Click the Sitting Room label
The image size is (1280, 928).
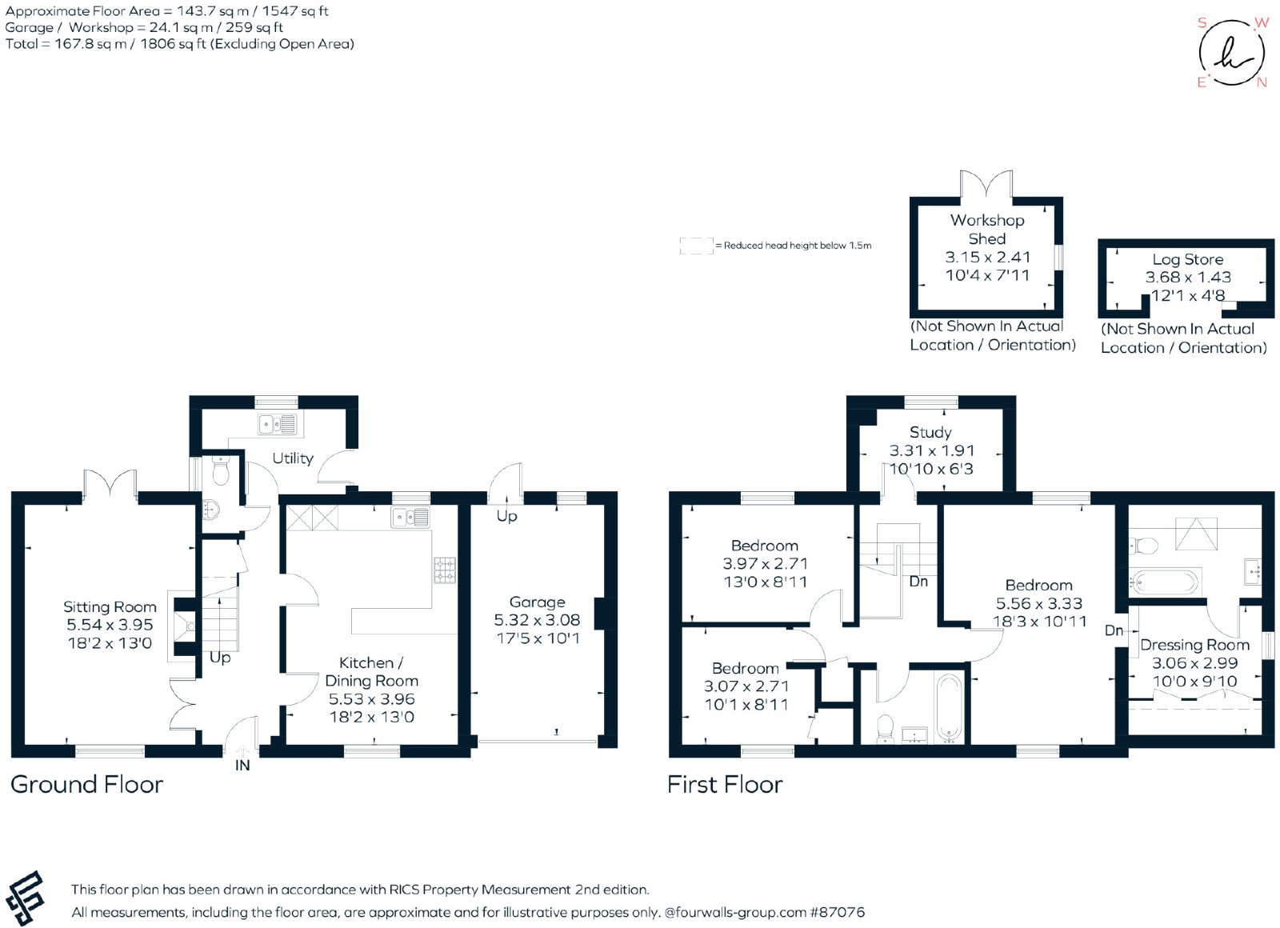pyautogui.click(x=110, y=607)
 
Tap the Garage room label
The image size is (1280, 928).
pyautogui.click(x=537, y=602)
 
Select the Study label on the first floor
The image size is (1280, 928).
pyautogui.click(x=930, y=433)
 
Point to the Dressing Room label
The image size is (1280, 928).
pyautogui.click(x=1195, y=645)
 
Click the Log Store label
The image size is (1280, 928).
pyautogui.click(x=1187, y=259)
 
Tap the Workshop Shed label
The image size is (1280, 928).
pyautogui.click(x=987, y=229)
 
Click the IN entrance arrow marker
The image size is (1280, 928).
pyautogui.click(x=242, y=751)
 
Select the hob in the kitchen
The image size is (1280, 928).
pyautogui.click(x=445, y=570)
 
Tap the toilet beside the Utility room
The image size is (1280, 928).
pyautogui.click(x=221, y=470)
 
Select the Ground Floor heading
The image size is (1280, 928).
pyautogui.click(x=87, y=785)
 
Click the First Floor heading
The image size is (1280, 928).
pyautogui.click(x=725, y=785)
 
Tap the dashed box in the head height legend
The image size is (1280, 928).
pyautogui.click(x=697, y=246)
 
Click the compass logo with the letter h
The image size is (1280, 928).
pyautogui.click(x=1232, y=53)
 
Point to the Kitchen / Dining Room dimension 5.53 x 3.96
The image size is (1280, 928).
pyautogui.click(x=371, y=699)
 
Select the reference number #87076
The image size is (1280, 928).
pyautogui.click(x=837, y=912)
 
